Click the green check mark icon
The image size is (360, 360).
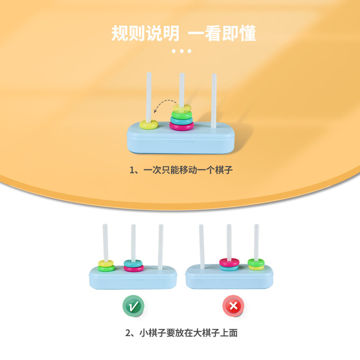pyautogui.click(x=133, y=306)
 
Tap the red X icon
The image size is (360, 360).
pyautogui.click(x=233, y=306)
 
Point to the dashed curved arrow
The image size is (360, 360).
pyautogui.click(x=164, y=104)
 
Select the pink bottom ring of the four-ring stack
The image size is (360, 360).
pyautogui.click(x=181, y=126)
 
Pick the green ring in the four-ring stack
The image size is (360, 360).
pyautogui.click(x=181, y=115)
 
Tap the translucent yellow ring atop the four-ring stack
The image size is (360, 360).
pyautogui.click(x=181, y=109)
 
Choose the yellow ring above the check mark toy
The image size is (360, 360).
pyautogui.click(x=107, y=263)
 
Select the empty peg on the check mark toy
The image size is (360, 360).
pyautogui.click(x=161, y=245)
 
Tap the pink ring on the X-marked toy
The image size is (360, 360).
pyautogui.click(x=229, y=261)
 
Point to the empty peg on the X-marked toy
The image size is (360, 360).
pyautogui.click(x=202, y=245)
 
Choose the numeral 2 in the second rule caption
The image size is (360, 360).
pyautogui.click(x=128, y=333)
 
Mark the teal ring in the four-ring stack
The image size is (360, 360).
pyautogui.click(x=181, y=120)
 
